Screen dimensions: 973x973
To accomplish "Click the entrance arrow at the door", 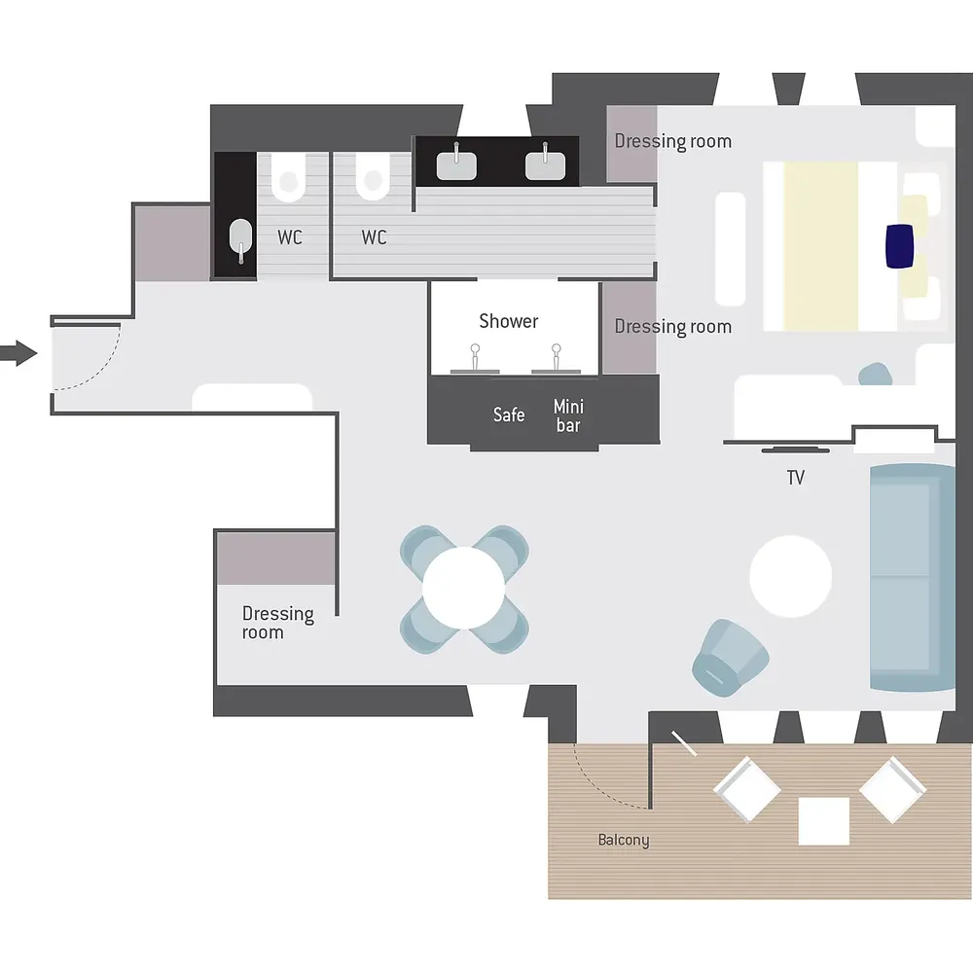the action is tap(18, 353).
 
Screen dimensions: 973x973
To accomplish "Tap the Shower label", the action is tap(508, 321).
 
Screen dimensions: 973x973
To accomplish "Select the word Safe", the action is tap(509, 414).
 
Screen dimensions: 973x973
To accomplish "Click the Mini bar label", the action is tap(568, 415).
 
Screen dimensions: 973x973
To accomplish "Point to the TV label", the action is tap(796, 477).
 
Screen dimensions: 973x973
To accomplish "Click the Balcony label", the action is tap(624, 840).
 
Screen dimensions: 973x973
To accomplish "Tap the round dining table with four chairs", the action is tap(463, 589).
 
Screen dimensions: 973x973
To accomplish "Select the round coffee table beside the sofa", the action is tap(790, 576).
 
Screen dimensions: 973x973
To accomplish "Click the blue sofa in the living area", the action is tap(913, 577).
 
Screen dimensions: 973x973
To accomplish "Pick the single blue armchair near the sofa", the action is tap(731, 658).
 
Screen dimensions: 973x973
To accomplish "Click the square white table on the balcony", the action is tap(823, 821).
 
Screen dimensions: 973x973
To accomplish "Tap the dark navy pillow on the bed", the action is tap(900, 246).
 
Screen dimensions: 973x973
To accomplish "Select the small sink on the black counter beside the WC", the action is tap(240, 239).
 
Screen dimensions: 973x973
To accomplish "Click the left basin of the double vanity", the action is tap(456, 165).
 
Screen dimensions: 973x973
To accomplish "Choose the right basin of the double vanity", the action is tap(546, 165).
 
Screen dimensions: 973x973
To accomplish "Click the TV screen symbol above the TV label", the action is tap(796, 450).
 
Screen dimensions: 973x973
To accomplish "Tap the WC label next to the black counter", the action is tap(290, 237).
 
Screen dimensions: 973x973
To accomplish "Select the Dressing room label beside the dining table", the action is tap(278, 623).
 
